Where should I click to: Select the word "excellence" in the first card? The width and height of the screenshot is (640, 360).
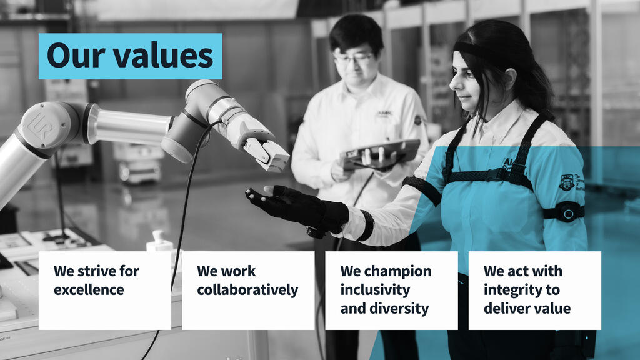tap(89, 290)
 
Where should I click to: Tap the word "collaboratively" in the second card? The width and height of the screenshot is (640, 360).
tap(247, 290)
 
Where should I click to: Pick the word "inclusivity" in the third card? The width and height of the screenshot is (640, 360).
tap(375, 290)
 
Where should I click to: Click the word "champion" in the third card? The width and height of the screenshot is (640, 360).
tap(397, 271)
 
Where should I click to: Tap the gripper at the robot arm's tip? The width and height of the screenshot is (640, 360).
tap(267, 151)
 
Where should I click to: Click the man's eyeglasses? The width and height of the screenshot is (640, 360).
tap(352, 59)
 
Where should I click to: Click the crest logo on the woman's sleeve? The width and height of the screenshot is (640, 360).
tap(566, 182)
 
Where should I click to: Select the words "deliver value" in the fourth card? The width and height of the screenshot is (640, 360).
tap(527, 309)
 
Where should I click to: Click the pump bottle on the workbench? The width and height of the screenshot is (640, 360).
tap(159, 241)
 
